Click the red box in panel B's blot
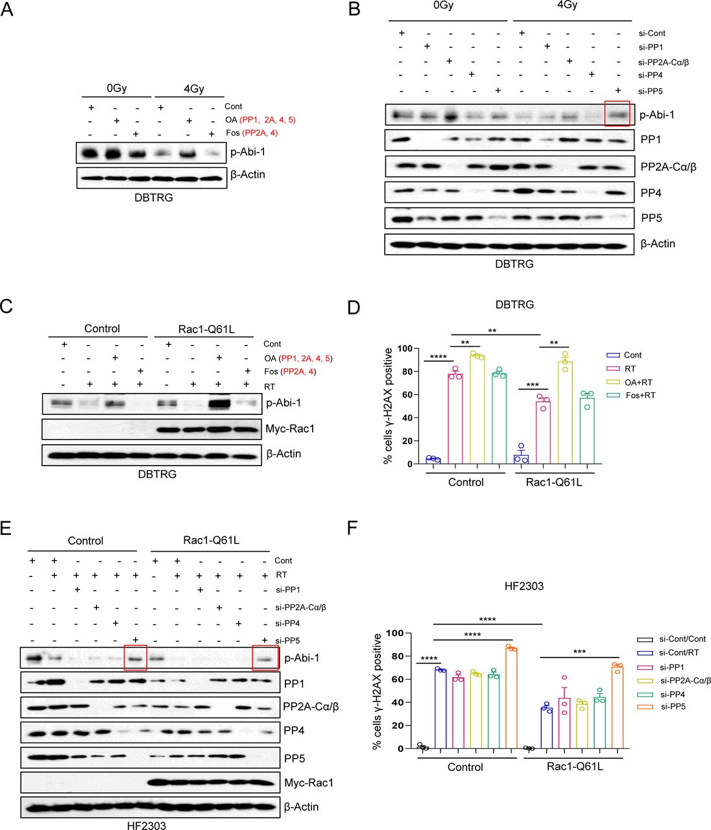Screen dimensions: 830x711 [x=616, y=113]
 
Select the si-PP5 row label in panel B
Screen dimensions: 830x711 [x=650, y=91]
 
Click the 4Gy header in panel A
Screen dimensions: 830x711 [x=194, y=89]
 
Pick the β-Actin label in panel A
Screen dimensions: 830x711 [x=248, y=174]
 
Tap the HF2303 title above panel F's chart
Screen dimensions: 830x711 [x=524, y=586]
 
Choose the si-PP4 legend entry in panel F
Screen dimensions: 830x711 [x=673, y=694]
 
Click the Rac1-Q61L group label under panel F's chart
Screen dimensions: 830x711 [x=575, y=766]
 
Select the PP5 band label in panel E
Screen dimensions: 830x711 [x=295, y=758]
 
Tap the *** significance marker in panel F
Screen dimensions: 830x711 [x=579, y=652]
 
